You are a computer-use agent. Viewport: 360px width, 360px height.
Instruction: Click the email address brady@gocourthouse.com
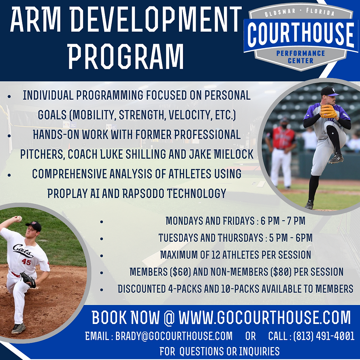click(x=174, y=336)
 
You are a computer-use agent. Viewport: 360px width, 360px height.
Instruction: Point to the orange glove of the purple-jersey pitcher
click(x=328, y=111)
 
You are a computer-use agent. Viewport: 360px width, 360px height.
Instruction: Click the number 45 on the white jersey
click(x=26, y=262)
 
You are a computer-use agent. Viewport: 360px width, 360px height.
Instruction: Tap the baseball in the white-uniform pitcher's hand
click(x=19, y=219)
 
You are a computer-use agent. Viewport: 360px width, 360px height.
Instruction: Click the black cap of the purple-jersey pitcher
click(x=328, y=91)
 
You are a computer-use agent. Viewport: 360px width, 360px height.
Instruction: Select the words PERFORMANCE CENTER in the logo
click(x=300, y=57)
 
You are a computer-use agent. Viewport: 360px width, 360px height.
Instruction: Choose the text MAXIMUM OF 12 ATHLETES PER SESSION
click(x=235, y=255)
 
